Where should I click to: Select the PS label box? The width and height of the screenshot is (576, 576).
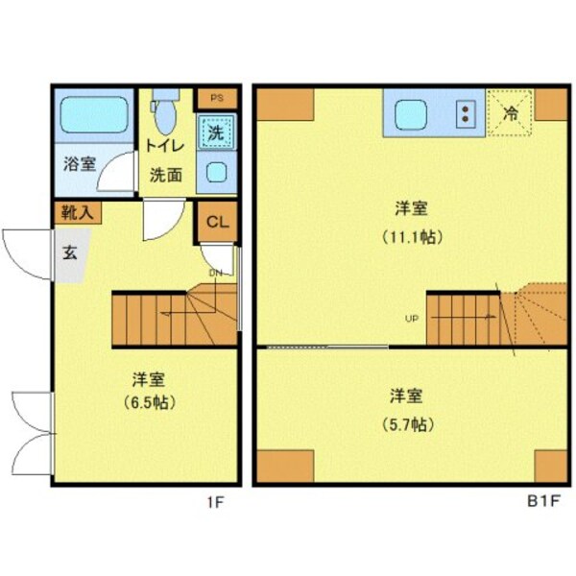pyautogui.click(x=216, y=97)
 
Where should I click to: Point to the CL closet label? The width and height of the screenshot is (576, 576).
pyautogui.click(x=217, y=223)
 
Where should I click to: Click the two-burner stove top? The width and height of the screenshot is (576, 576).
pyautogui.click(x=466, y=114)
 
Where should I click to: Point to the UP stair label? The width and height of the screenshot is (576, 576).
pyautogui.click(x=411, y=319)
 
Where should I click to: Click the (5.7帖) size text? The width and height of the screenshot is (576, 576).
pyautogui.click(x=409, y=424)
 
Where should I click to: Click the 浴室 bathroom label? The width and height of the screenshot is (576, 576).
pyautogui.click(x=80, y=163)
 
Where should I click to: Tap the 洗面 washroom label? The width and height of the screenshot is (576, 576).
pyautogui.click(x=166, y=175)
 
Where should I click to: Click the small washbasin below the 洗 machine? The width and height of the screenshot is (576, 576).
pyautogui.click(x=217, y=174)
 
